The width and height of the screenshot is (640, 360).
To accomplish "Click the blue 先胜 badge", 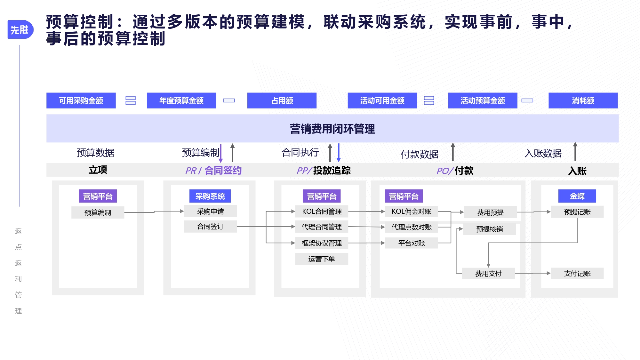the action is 20,29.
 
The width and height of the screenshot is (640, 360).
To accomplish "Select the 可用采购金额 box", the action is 81,100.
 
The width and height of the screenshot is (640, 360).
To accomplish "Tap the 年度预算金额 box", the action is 181,100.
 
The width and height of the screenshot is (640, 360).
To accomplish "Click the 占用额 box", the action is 282,100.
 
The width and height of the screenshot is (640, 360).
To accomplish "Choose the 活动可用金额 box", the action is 382,100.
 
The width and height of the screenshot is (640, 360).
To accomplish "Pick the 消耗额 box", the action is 583,100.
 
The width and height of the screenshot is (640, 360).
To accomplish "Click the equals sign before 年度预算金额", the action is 131,100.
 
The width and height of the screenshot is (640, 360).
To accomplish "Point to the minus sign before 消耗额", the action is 527,100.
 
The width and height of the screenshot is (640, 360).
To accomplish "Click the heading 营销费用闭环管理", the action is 332,129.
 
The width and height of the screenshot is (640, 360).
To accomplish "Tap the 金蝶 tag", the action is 577,196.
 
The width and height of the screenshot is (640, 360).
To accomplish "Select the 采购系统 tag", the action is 210,196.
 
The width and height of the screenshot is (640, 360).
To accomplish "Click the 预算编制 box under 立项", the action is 98,212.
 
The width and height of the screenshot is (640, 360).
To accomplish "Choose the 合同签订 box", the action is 211,227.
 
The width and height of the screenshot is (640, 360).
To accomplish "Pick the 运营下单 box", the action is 322,259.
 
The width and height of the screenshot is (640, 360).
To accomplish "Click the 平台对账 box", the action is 412,243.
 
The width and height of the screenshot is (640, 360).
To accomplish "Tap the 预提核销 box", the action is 490,229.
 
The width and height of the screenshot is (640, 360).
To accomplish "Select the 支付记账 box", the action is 577,273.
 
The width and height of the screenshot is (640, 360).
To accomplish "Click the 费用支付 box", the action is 488,273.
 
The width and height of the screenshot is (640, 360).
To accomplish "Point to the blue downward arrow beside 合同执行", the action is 339,153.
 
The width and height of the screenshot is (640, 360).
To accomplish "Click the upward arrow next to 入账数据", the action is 575,151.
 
